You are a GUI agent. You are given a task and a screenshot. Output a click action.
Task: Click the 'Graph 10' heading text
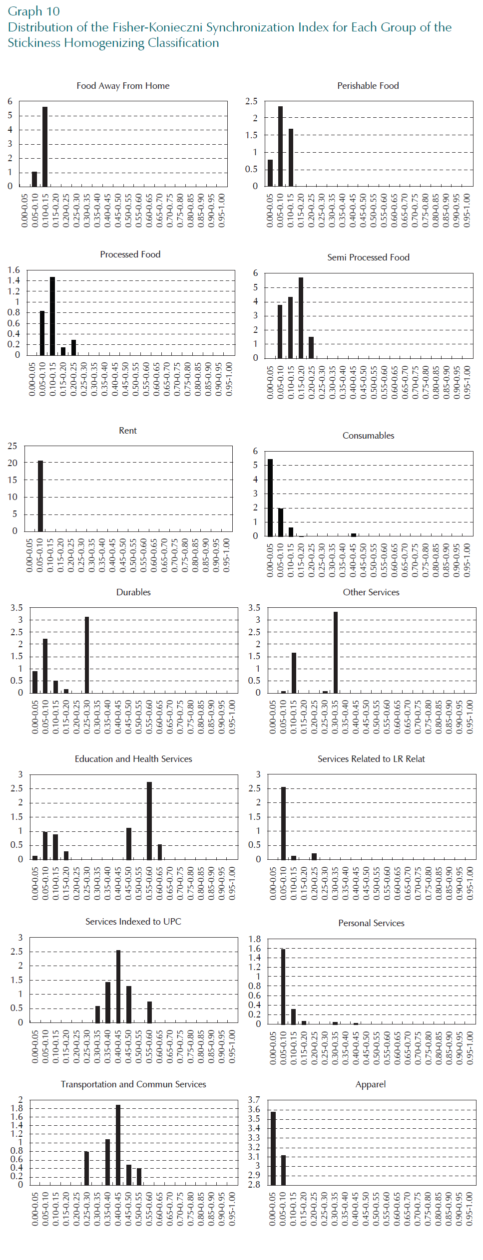(x=33, y=11)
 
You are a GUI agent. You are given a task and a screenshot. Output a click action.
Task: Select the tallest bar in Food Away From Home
(x=45, y=146)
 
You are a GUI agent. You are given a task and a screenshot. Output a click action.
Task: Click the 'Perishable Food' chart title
(x=368, y=86)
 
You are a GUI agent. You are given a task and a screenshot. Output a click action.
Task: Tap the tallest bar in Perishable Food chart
(x=280, y=146)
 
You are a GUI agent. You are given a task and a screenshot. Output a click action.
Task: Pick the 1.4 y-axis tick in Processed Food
(x=13, y=280)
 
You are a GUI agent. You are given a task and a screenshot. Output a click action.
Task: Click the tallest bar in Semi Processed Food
(x=301, y=317)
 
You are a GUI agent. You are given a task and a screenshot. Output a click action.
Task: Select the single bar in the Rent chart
(x=40, y=496)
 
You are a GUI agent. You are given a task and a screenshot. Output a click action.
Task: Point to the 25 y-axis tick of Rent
(x=12, y=446)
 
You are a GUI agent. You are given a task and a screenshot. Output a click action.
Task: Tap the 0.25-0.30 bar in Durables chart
(x=87, y=655)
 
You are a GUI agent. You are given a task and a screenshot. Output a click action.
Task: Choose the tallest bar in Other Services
(x=336, y=652)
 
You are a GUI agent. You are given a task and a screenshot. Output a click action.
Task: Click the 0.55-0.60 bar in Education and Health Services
(x=149, y=820)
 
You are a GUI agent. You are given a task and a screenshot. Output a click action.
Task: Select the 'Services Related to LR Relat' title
(x=371, y=759)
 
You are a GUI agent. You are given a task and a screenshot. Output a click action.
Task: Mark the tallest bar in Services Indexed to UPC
(x=118, y=986)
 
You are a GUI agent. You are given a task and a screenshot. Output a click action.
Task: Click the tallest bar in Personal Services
(x=283, y=987)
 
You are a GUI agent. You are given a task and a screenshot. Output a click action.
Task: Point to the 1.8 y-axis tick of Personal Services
(x=254, y=939)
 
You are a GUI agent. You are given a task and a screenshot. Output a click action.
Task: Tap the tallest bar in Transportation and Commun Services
(x=118, y=1145)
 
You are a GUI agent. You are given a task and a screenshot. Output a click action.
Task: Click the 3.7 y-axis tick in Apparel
(x=254, y=1100)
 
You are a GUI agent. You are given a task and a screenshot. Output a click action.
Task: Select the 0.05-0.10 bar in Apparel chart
(x=283, y=1170)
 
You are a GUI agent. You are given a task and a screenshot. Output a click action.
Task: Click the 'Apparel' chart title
(x=371, y=1084)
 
